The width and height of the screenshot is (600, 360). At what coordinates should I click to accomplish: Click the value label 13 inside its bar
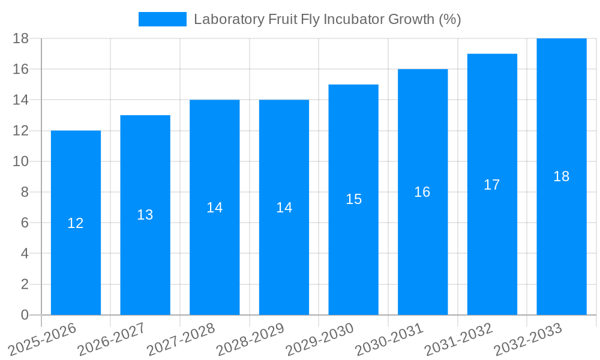(x=145, y=215)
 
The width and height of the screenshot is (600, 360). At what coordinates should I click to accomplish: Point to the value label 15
(x=354, y=199)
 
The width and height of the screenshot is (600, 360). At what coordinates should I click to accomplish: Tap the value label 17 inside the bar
(x=492, y=185)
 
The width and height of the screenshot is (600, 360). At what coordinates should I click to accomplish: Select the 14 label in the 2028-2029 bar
(x=284, y=208)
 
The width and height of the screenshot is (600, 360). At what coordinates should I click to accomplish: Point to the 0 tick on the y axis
(x=25, y=315)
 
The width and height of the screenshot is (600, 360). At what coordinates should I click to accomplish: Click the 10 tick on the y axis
(x=21, y=161)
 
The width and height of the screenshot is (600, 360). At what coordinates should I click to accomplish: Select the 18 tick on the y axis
(x=21, y=38)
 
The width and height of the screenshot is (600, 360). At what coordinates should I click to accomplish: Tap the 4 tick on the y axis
(x=25, y=254)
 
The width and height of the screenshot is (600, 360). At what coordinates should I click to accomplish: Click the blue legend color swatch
(x=163, y=19)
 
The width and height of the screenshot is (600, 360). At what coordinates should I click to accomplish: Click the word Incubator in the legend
(x=350, y=19)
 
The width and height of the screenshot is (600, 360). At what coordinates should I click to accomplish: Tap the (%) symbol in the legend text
(x=450, y=19)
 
